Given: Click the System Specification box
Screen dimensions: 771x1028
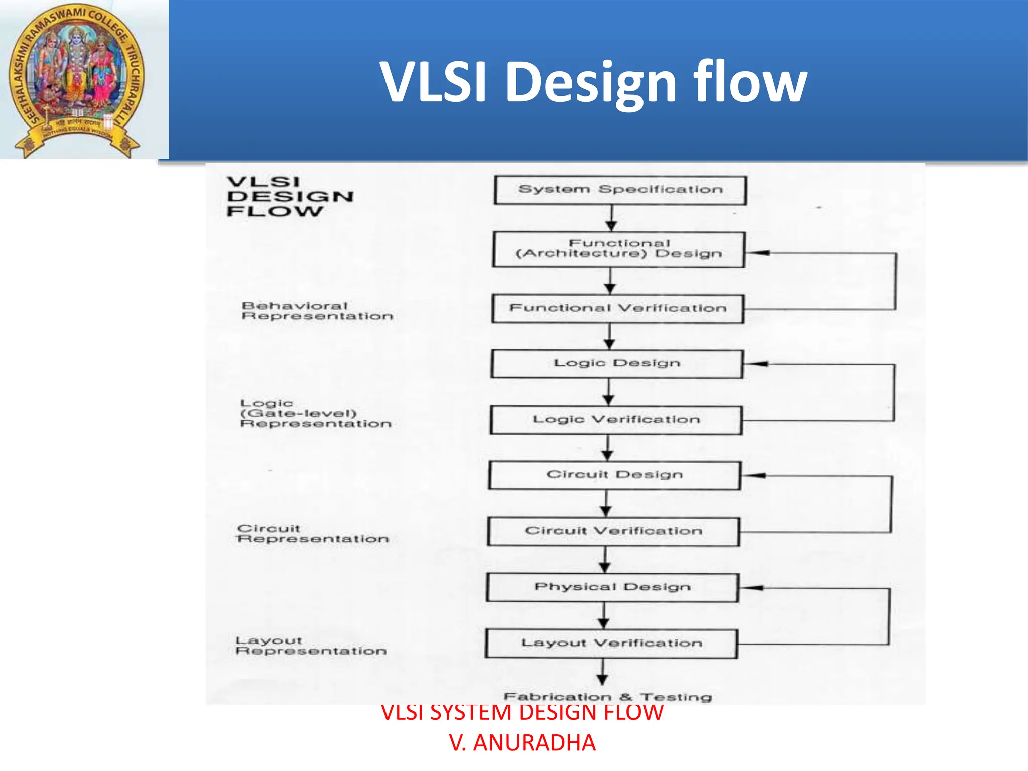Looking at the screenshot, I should [x=620, y=190].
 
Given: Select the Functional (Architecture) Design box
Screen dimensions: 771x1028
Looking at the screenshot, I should [x=619, y=249].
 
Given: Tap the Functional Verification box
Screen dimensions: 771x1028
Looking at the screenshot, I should [x=618, y=308].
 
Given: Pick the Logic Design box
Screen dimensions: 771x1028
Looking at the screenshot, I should [x=617, y=364].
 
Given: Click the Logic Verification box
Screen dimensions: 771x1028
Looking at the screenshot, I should [x=616, y=420].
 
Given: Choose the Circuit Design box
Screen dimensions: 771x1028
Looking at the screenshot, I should [x=615, y=475].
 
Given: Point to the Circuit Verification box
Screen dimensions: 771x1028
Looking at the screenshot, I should [x=613, y=531].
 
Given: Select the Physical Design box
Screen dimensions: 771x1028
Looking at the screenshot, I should [x=612, y=587].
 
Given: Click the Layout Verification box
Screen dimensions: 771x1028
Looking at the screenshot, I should [x=611, y=644].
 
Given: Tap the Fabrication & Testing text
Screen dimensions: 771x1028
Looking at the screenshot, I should [x=608, y=697].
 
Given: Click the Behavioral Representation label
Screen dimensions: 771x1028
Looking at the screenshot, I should [x=317, y=311].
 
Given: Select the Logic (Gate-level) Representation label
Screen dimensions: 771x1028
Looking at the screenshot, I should [x=315, y=413].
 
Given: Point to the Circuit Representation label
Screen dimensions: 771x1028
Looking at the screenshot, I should [x=313, y=534].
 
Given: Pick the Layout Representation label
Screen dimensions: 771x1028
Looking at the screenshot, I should [x=311, y=646].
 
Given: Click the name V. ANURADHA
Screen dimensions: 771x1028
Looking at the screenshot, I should [x=523, y=743].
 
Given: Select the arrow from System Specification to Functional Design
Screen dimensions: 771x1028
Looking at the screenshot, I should [x=611, y=218].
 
